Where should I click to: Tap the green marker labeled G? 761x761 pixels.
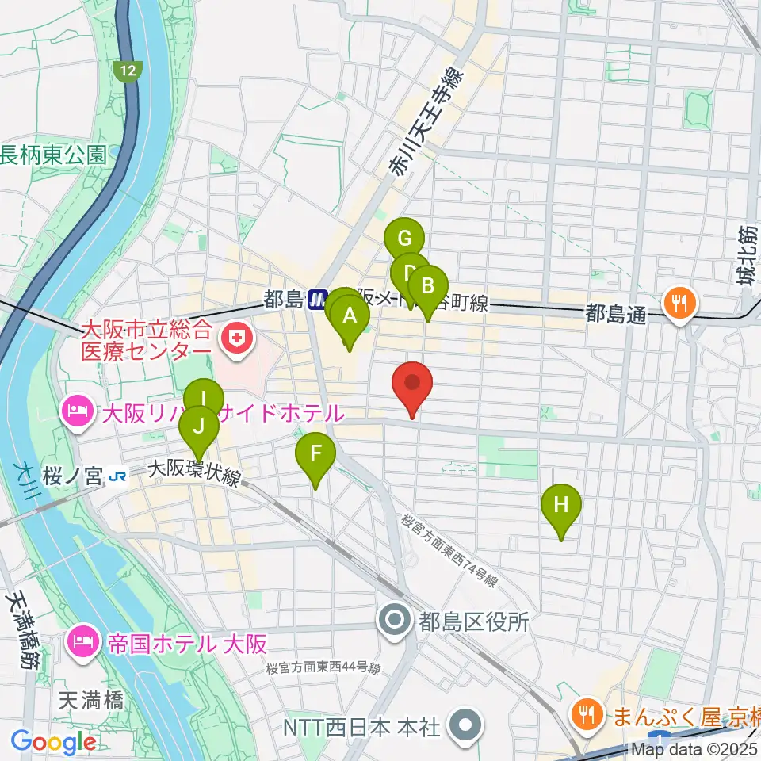(404, 238)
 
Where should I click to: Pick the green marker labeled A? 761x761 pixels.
(349, 317)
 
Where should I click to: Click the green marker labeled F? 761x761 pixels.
(315, 455)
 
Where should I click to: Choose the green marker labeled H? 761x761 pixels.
(561, 506)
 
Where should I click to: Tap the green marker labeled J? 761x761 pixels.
(199, 428)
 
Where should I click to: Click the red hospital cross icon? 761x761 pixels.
(235, 339)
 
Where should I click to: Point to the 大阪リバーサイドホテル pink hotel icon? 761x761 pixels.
(76, 412)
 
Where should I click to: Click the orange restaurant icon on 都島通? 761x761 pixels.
(679, 301)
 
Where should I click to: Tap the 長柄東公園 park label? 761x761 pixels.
(54, 154)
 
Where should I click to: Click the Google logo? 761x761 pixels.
(53, 742)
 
